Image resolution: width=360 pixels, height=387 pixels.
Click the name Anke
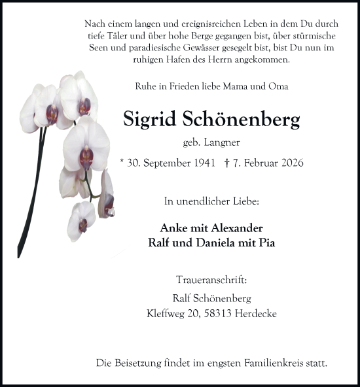click(174, 228)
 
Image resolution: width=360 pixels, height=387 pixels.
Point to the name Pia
click(268, 243)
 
